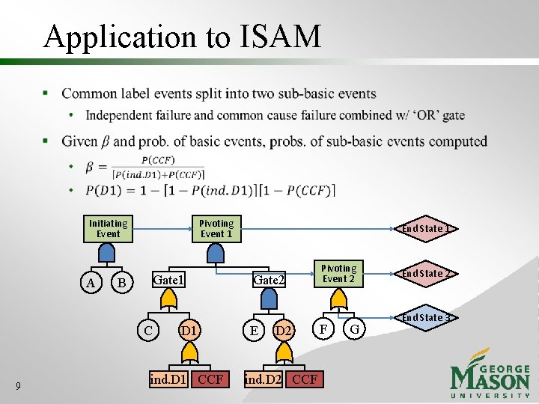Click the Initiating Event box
[x=108, y=228]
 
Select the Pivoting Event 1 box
[x=216, y=228]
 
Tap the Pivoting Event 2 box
[x=338, y=273]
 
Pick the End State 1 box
[x=424, y=228]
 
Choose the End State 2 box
[x=424, y=273]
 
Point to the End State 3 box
[x=424, y=317]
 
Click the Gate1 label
[x=168, y=280]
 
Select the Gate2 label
[x=269, y=280]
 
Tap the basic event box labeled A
[x=91, y=283]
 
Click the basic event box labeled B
[x=123, y=283]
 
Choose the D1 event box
[x=189, y=329]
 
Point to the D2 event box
[x=283, y=329]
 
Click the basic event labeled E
[x=255, y=329]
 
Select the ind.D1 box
[x=168, y=379]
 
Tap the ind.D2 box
[x=264, y=379]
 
